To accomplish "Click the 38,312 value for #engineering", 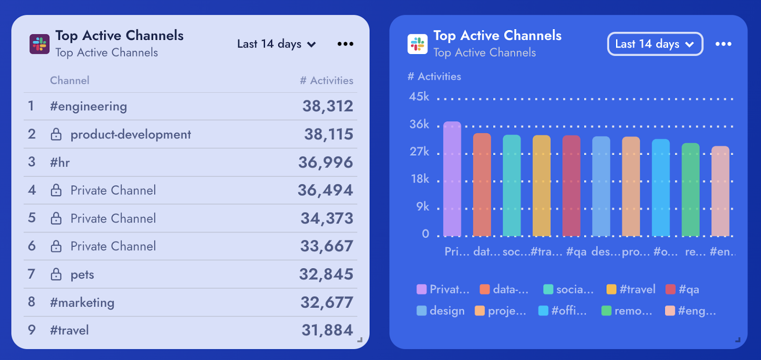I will tap(328, 106).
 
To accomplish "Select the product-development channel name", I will tap(130, 135).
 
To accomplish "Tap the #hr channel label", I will tap(60, 163).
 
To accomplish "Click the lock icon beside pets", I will tap(56, 274).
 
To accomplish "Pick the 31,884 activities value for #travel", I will tap(327, 330).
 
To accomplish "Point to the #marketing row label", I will tap(82, 302).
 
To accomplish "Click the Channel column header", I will tap(69, 80).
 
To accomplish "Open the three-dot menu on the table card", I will tap(345, 44).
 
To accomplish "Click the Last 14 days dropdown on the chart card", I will tap(655, 44).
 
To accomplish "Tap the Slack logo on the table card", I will tap(39, 44).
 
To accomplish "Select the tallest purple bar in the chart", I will tap(452, 178).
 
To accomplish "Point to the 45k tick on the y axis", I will tap(419, 97).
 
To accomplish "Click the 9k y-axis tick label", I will tap(422, 206).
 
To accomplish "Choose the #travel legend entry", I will tap(631, 289).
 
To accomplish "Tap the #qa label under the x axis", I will tap(576, 252).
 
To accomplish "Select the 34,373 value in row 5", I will tap(327, 218).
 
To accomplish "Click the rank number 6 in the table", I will tap(32, 246).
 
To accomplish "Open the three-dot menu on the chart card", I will tap(723, 44).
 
